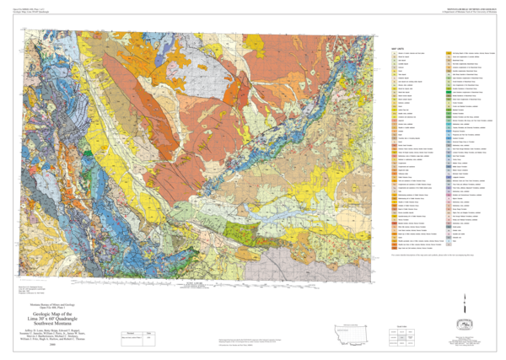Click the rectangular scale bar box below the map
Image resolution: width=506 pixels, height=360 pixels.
[137, 339]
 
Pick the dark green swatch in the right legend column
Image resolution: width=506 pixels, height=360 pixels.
[449, 90]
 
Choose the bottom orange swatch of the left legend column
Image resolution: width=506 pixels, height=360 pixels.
[394, 245]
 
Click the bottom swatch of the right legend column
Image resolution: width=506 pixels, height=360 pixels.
[449, 244]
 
